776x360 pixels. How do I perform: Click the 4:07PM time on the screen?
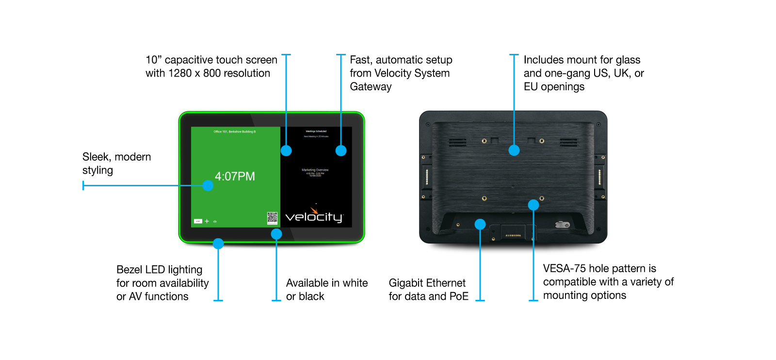pyautogui.click(x=235, y=176)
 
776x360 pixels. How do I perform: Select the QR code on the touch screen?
pyautogui.click(x=272, y=218)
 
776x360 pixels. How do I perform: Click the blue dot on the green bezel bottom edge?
pyautogui.click(x=218, y=244)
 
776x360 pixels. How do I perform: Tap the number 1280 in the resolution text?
pyautogui.click(x=179, y=73)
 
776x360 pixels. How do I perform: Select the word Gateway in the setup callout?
pyautogui.click(x=371, y=87)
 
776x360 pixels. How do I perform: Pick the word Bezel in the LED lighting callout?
pyautogui.click(x=129, y=270)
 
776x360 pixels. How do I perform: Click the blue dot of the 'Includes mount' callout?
pyautogui.click(x=514, y=150)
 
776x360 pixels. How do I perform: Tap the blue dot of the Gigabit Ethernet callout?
pyautogui.click(x=480, y=224)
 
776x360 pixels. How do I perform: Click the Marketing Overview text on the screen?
pyautogui.click(x=315, y=170)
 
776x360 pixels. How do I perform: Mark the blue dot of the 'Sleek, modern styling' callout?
pyautogui.click(x=208, y=185)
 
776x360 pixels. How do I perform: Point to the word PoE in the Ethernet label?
pyautogui.click(x=459, y=296)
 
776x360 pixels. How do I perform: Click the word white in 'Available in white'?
pyautogui.click(x=355, y=283)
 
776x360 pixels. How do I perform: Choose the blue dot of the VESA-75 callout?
pyautogui.click(x=533, y=205)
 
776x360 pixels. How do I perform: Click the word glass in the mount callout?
pyautogui.click(x=628, y=60)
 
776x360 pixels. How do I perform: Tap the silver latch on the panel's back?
pyautogui.click(x=562, y=224)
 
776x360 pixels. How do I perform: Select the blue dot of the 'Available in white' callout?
pyautogui.click(x=276, y=234)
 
